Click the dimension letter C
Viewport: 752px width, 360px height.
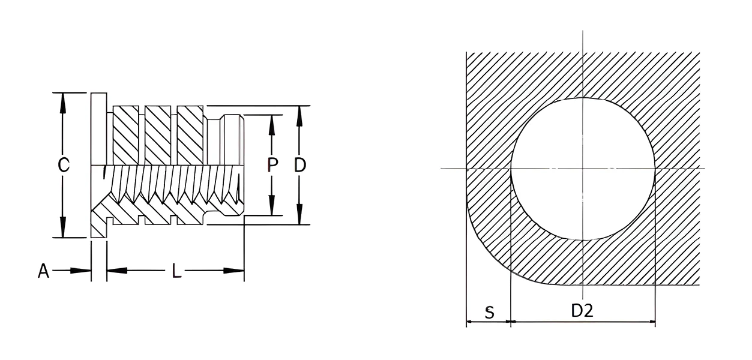point(64,165)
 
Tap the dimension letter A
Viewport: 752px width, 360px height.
point(44,271)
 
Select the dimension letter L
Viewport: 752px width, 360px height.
point(176,271)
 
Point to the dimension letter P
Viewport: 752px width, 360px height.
point(272,165)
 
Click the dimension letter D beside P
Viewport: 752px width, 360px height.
point(300,165)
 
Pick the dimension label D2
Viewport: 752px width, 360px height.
point(582,311)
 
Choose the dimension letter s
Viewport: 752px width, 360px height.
point(490,313)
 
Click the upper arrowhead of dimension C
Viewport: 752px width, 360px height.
point(62,103)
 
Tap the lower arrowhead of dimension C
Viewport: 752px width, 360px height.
point(62,227)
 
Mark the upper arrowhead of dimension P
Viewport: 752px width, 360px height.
point(272,125)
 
